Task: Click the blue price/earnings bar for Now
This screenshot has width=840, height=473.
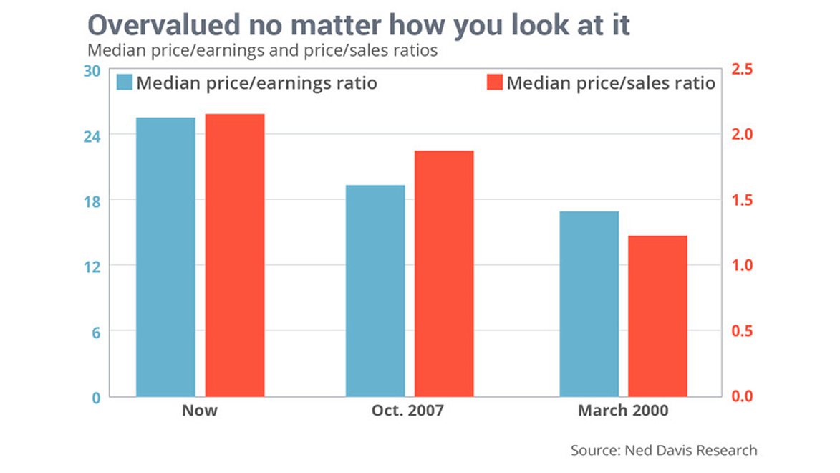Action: (x=165, y=257)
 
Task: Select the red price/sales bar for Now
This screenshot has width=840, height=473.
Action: (x=235, y=255)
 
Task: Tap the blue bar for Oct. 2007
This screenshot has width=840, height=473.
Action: (x=375, y=290)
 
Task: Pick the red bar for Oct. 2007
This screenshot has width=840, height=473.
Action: (x=444, y=273)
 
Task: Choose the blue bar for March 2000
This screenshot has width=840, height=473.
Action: (x=589, y=304)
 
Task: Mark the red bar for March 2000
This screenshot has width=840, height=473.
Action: (x=657, y=316)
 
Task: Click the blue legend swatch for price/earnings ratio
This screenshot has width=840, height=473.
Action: (x=125, y=82)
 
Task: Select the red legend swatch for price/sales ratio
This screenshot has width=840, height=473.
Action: (x=494, y=82)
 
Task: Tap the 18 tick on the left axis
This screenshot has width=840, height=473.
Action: (x=92, y=200)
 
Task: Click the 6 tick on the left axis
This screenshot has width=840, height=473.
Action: (x=96, y=331)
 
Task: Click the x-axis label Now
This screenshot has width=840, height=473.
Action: (x=200, y=411)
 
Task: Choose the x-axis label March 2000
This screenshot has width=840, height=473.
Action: (x=623, y=411)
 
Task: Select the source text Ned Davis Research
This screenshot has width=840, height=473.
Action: (x=690, y=451)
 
